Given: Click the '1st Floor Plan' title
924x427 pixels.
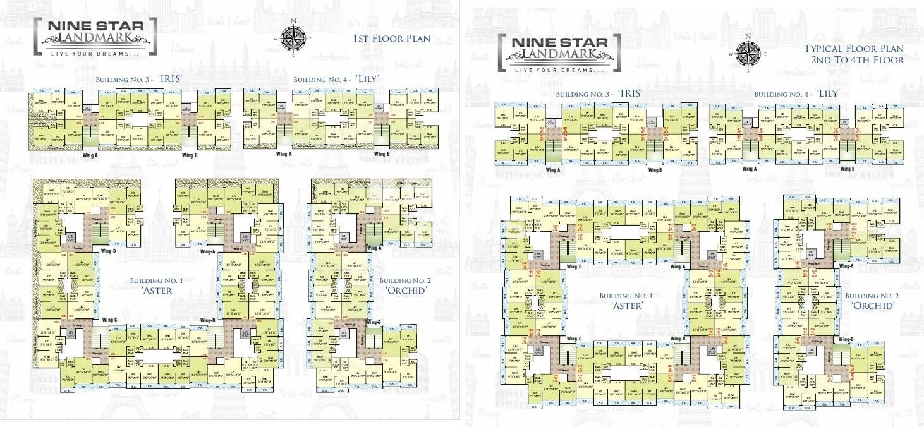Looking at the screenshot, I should (392, 39).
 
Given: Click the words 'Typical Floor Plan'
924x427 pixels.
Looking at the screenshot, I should (853, 49).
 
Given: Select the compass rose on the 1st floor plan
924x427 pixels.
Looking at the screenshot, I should (293, 39).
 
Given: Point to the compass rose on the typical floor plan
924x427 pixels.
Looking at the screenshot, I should (748, 52).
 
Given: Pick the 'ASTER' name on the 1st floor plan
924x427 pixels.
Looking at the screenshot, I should (154, 291).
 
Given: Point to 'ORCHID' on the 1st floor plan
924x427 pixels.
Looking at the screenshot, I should (406, 291).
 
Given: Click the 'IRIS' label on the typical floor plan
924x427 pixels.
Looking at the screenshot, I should (630, 93).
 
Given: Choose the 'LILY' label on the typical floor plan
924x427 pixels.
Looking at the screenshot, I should (828, 93).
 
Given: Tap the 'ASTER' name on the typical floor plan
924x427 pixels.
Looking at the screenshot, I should (628, 306).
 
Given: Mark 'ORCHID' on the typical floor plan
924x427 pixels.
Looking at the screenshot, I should (873, 306).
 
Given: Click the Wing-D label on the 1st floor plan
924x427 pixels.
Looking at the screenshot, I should (109, 251).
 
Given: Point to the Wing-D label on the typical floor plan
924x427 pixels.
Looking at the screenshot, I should (574, 267).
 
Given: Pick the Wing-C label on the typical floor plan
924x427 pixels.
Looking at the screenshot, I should (574, 339).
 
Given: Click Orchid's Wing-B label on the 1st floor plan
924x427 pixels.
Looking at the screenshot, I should (373, 322).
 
